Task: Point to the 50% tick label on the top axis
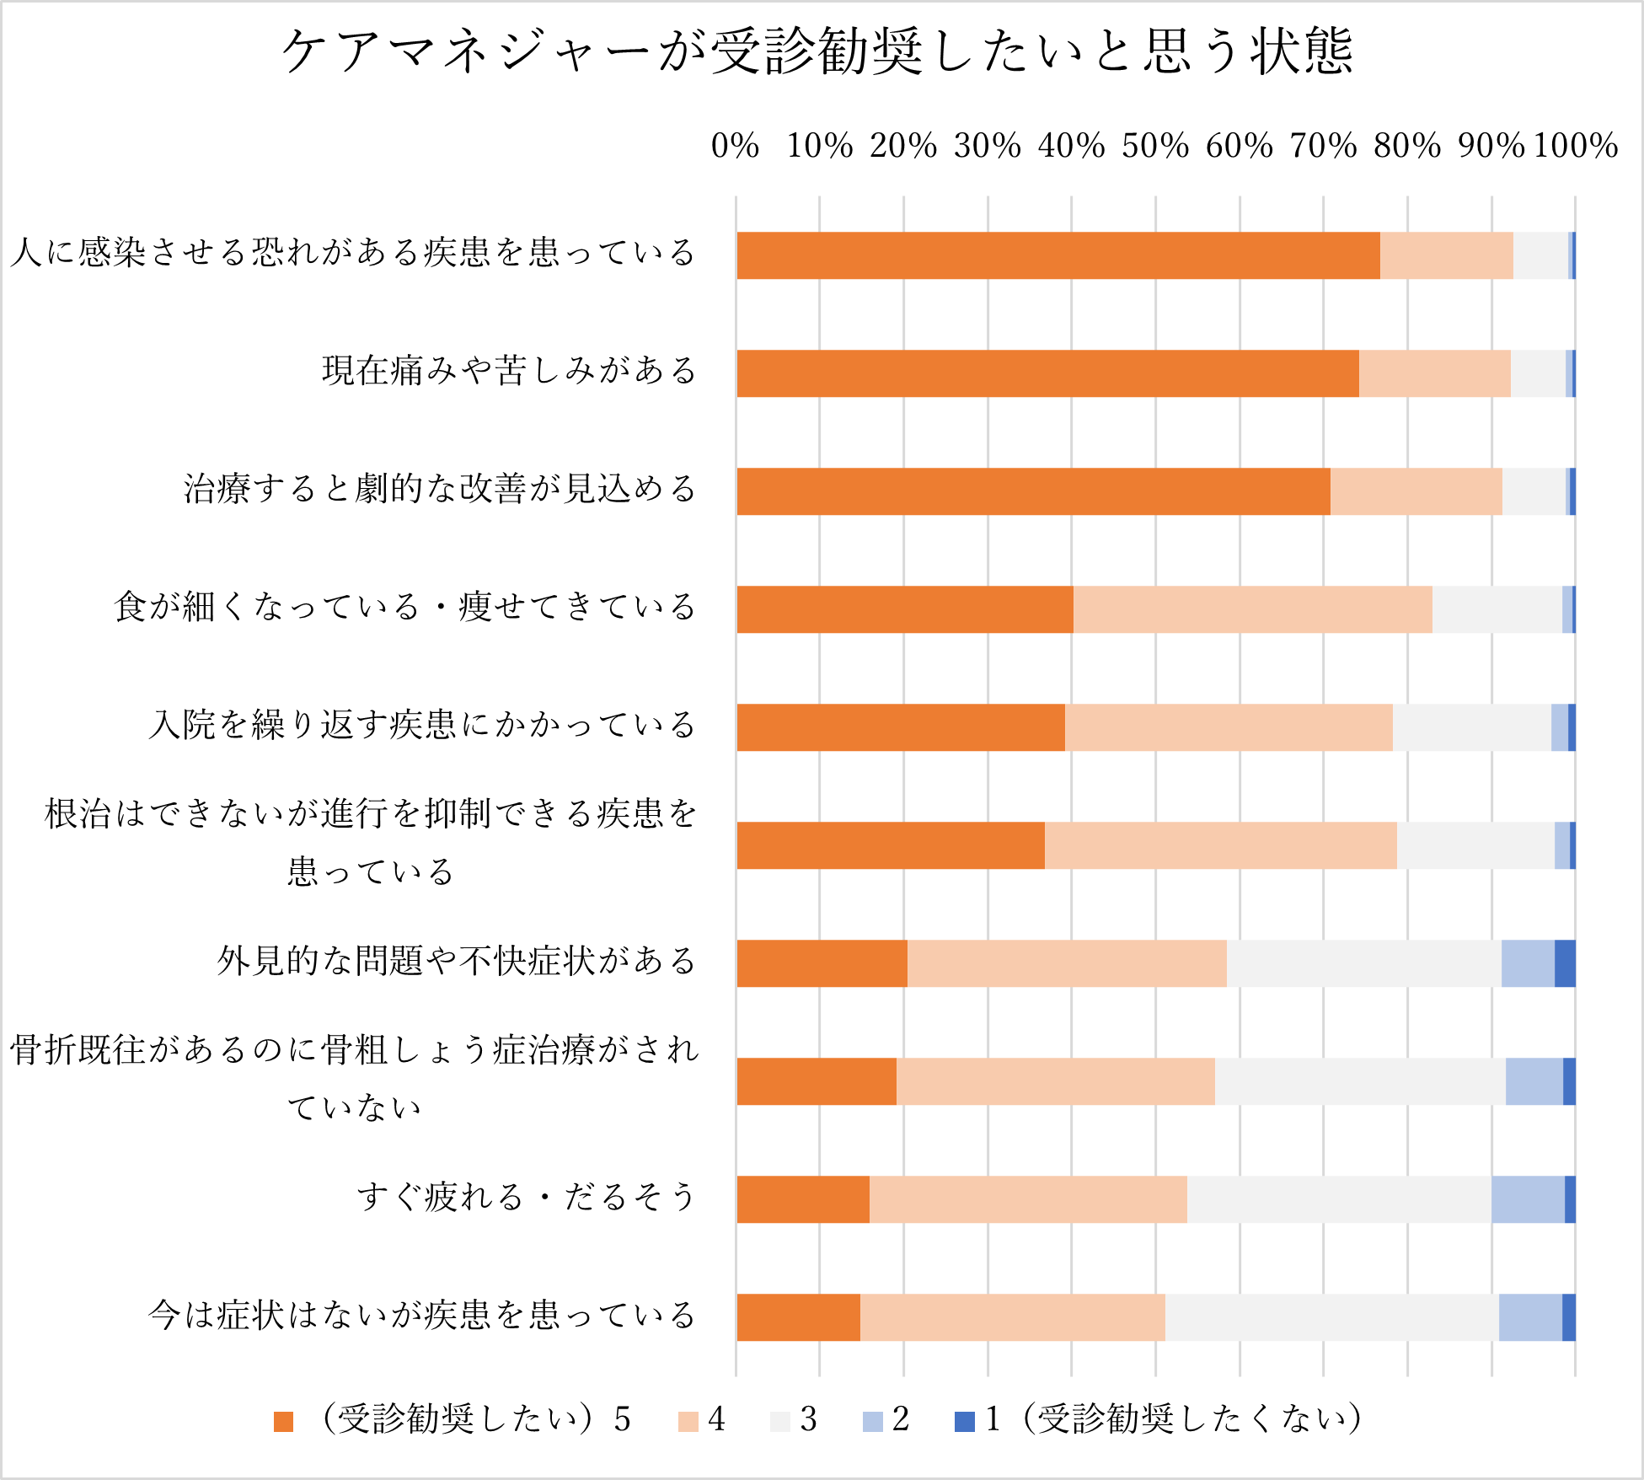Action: pyautogui.click(x=1154, y=146)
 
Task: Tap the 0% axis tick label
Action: pyautogui.click(x=735, y=146)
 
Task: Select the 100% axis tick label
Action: pyautogui.click(x=1575, y=146)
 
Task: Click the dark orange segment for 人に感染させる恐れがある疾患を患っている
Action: pyautogui.click(x=1058, y=255)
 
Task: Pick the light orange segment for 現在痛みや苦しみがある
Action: pyautogui.click(x=1434, y=373)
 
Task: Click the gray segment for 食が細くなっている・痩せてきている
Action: pyautogui.click(x=1497, y=609)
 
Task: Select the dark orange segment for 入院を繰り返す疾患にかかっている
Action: pyautogui.click(x=900, y=727)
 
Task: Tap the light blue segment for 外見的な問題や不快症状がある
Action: pyautogui.click(x=1527, y=963)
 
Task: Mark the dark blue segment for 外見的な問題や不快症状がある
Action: pyautogui.click(x=1565, y=963)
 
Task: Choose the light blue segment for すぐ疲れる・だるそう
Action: pyautogui.click(x=1527, y=1199)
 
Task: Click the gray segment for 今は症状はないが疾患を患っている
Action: pyautogui.click(x=1331, y=1317)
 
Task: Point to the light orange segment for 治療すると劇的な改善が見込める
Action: pyautogui.click(x=1416, y=491)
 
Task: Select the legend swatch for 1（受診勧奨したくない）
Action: pyautogui.click(x=964, y=1422)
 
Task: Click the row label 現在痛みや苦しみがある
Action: pyautogui.click(x=509, y=371)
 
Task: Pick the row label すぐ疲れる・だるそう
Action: pyautogui.click(x=526, y=1197)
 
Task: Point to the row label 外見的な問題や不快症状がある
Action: pyautogui.click(x=456, y=961)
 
